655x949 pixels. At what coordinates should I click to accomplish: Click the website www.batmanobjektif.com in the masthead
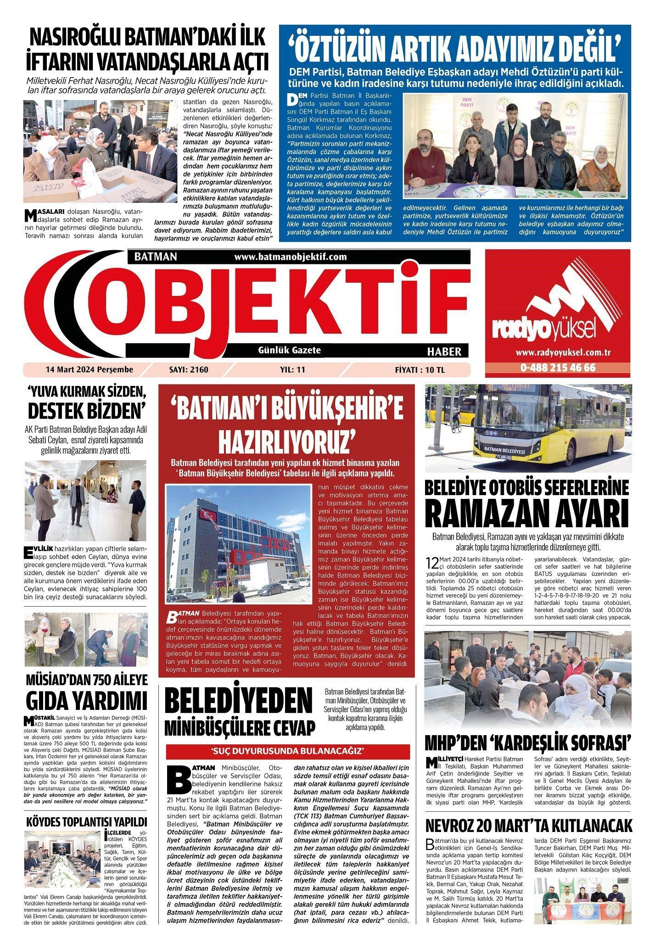click(x=290, y=257)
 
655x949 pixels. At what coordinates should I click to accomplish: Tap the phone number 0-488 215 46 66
click(x=558, y=368)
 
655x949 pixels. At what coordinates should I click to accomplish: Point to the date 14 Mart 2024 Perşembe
click(x=89, y=369)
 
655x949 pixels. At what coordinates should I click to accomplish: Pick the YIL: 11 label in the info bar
click(x=292, y=369)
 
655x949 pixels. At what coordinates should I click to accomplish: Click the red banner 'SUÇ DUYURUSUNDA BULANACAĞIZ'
click(x=287, y=751)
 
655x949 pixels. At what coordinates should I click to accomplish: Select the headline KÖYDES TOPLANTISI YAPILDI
click(x=87, y=821)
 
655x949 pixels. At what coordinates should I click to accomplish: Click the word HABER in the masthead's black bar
click(x=444, y=352)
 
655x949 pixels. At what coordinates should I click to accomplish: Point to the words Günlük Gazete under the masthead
click(x=290, y=350)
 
